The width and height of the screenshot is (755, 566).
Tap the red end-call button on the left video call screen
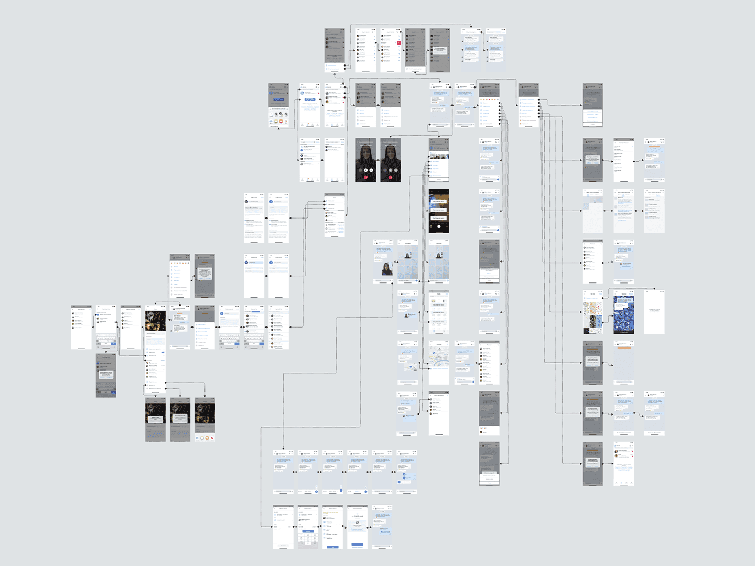click(x=365, y=177)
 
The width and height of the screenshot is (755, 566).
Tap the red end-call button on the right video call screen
click(x=391, y=177)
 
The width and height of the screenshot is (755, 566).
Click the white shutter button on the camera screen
click(x=439, y=227)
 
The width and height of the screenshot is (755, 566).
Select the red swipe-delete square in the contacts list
click(x=399, y=43)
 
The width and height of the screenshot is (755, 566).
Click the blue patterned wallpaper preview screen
click(x=623, y=314)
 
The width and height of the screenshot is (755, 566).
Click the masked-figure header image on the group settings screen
click(x=155, y=320)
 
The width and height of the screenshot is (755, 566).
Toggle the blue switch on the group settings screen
click(x=163, y=353)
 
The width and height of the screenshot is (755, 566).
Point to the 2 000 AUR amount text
click(x=358, y=516)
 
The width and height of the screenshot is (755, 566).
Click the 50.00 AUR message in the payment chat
click(x=385, y=532)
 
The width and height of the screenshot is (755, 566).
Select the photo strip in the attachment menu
click(x=439, y=156)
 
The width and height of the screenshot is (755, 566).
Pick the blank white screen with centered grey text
click(x=654, y=312)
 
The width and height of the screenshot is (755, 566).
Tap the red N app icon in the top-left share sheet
click(x=286, y=121)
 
